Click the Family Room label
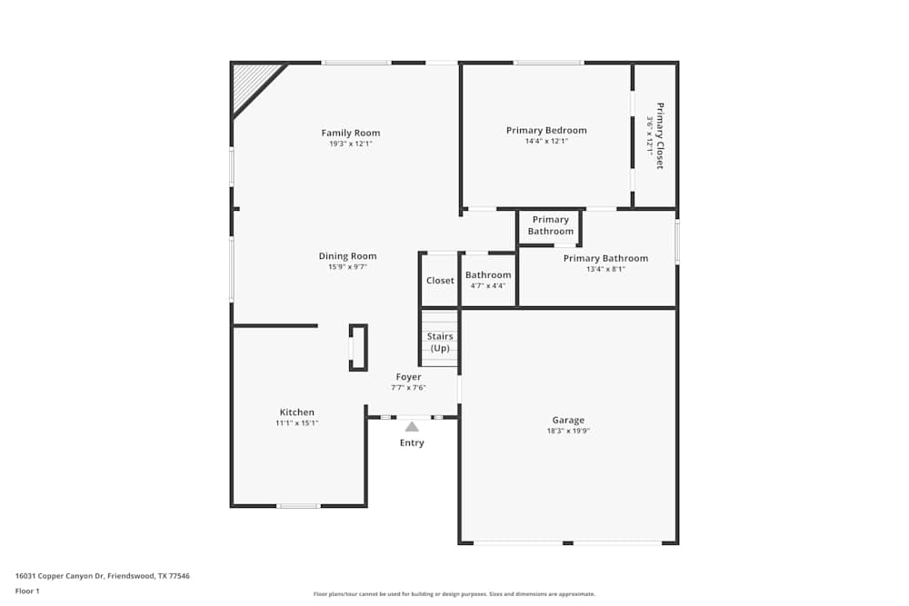[x=350, y=133]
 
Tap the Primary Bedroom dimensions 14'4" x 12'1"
[x=546, y=141]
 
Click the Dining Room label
[x=347, y=256]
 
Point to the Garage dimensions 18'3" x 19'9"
[x=568, y=432]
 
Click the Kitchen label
[x=297, y=412]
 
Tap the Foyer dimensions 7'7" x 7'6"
[x=408, y=388]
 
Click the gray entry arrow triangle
[x=412, y=426]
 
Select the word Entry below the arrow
[x=412, y=443]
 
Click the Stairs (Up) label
[x=440, y=343]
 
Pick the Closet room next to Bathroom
[x=440, y=281]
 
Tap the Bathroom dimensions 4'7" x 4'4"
[x=488, y=286]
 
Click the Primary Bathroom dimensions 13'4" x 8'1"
[x=605, y=269]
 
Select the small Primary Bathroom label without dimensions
[x=550, y=225]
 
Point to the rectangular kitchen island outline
[x=358, y=348]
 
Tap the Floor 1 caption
[x=27, y=591]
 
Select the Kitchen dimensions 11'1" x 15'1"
[x=297, y=423]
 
